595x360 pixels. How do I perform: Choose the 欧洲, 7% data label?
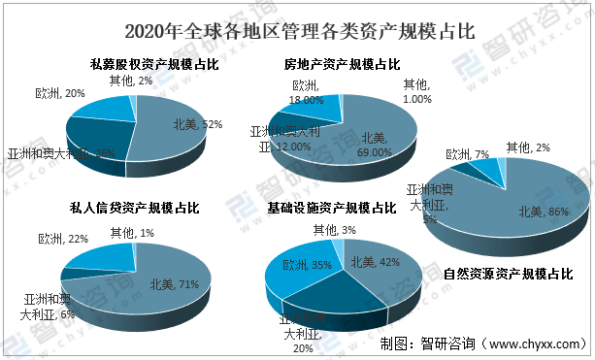click(469, 154)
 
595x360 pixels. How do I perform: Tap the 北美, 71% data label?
click(175, 284)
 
